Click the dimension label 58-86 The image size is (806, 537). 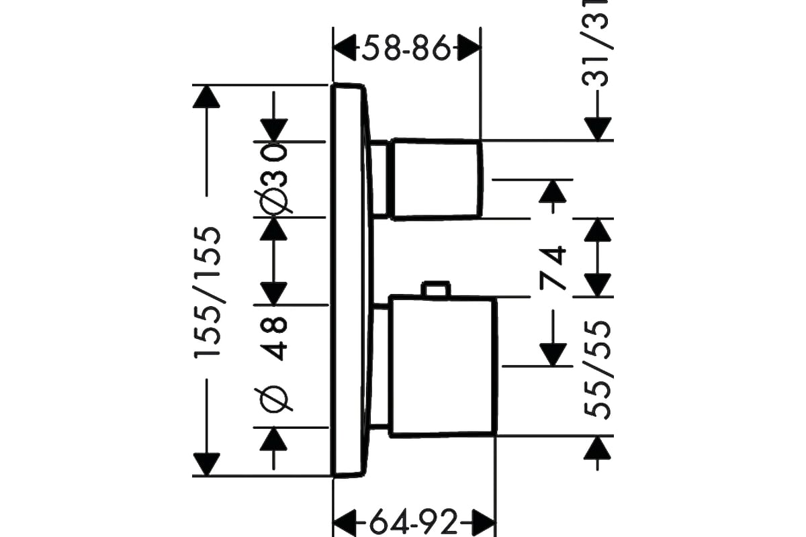[x=406, y=48]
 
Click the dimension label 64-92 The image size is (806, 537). [x=414, y=522]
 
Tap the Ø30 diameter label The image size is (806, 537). [x=274, y=179]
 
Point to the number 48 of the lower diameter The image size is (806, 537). [x=274, y=338]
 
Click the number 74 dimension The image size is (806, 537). [x=552, y=267]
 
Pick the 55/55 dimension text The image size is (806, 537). [x=597, y=370]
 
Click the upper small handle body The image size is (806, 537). [x=437, y=179]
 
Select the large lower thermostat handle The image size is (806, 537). [x=443, y=367]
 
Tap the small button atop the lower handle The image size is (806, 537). [x=436, y=289]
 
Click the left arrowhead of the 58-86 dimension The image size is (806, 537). [x=345, y=48]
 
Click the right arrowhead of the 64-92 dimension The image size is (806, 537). [x=484, y=522]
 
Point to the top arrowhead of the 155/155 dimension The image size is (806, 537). [x=206, y=97]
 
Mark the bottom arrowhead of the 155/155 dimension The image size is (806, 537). [x=206, y=465]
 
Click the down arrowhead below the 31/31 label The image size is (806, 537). [x=598, y=129]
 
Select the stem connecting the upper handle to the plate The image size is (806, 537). [x=380, y=179]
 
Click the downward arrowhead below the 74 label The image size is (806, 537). [x=553, y=355]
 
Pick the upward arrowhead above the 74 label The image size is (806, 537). [x=553, y=191]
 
